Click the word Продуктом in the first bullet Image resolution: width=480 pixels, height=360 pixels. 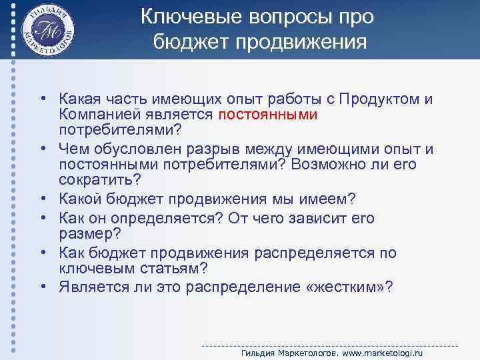[x=377, y=99]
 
